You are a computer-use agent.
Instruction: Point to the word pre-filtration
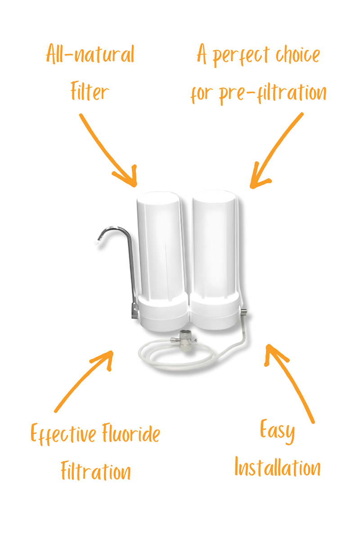coord(273,93)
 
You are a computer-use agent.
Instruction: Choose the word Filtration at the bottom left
coord(96,472)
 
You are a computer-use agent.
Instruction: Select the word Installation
coord(278,468)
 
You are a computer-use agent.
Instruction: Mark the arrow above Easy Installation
coord(290,382)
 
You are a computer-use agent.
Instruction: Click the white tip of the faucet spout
coord(96,242)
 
